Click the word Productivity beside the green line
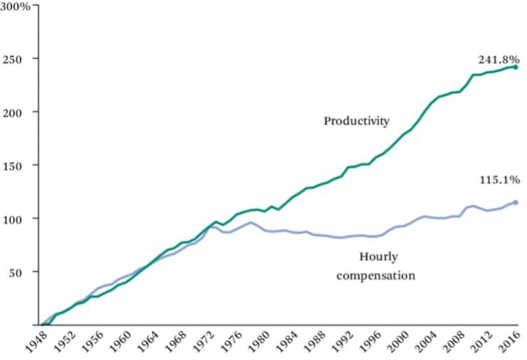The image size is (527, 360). click(x=356, y=121)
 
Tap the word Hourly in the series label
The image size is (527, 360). click(x=376, y=257)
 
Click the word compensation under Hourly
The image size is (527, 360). click(x=376, y=275)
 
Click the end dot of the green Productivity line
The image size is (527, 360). click(x=515, y=67)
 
